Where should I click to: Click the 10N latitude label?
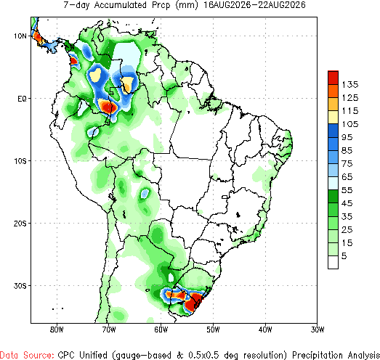[x=20, y=36]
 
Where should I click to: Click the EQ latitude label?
[x=22, y=99]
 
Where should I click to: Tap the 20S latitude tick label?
[x=20, y=224]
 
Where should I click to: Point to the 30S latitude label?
[x=20, y=286]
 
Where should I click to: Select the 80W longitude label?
[x=57, y=330]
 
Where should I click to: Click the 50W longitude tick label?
[x=213, y=330]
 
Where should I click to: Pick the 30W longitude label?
[x=318, y=330]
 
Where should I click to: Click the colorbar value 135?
[x=350, y=84]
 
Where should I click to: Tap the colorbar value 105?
[x=350, y=124]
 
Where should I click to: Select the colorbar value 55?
[x=347, y=190]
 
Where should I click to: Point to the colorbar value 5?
[x=344, y=256]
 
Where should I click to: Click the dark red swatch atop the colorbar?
[x=333, y=78]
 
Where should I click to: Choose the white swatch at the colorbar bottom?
[x=333, y=262]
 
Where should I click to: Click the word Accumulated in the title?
[x=120, y=5]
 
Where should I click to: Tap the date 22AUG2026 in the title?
[x=282, y=5]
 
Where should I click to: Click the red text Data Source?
[x=27, y=355]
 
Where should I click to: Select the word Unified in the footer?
[x=93, y=355]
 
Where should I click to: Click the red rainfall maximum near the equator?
[x=108, y=107]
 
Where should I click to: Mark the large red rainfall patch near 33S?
[x=193, y=301]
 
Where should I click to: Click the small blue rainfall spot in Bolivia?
[x=145, y=193]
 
